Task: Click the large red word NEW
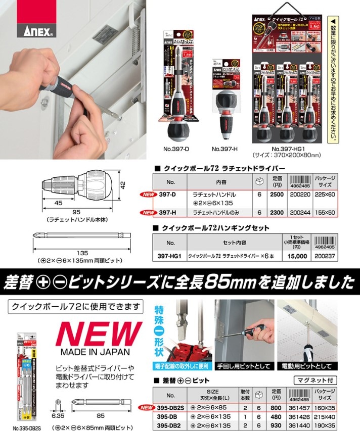(95, 334)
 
